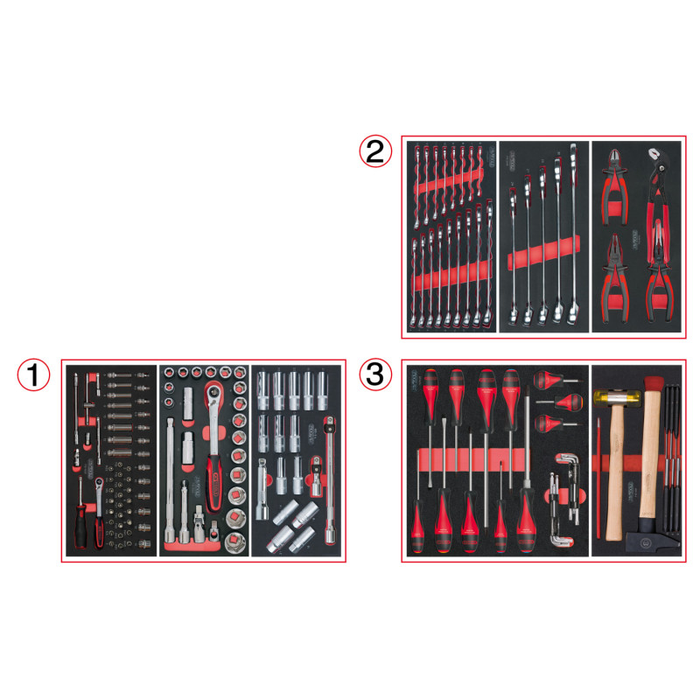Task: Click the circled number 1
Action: [x=33, y=376]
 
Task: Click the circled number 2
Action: [x=374, y=152]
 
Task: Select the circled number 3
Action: [x=374, y=376]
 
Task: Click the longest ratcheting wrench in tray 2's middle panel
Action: [x=573, y=236]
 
